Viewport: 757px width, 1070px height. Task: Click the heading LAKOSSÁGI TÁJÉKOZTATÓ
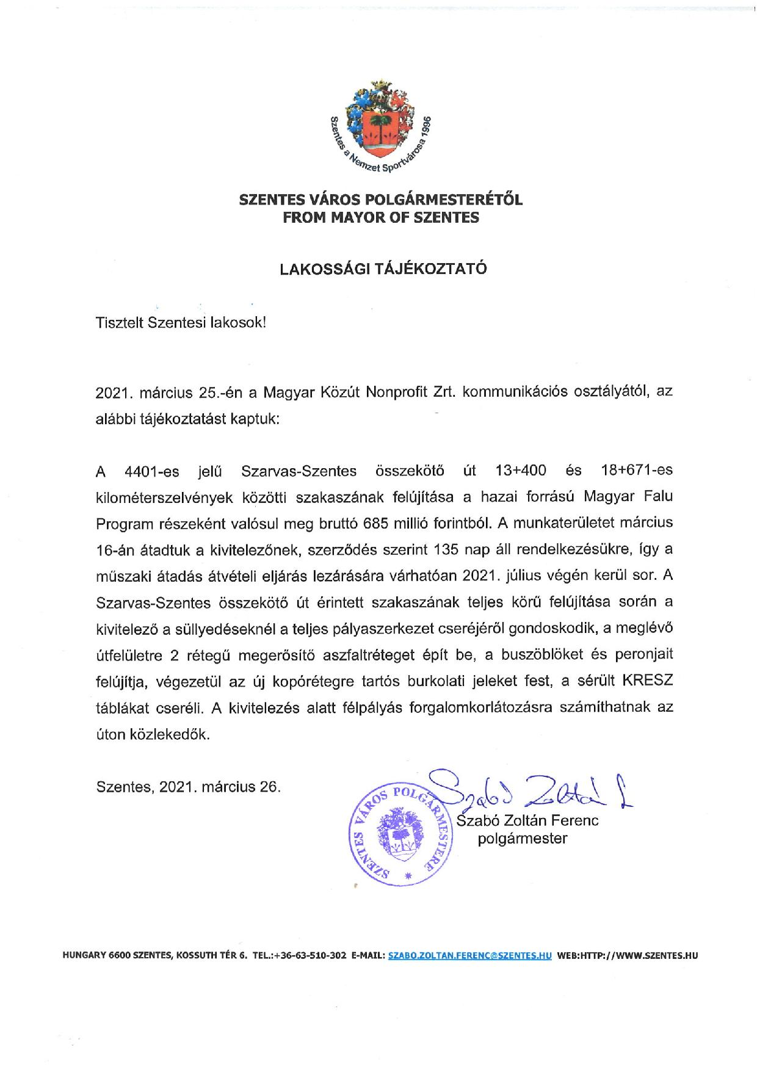coord(383,270)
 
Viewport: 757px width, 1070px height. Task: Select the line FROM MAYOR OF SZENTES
coord(380,217)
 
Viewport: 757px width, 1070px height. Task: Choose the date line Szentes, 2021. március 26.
coord(189,787)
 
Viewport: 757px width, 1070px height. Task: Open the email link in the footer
coord(469,956)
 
